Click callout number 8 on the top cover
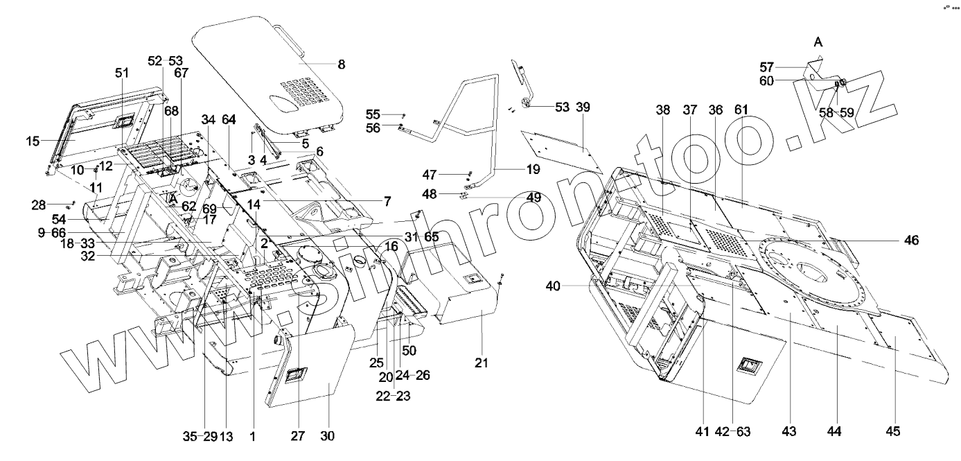(x=340, y=64)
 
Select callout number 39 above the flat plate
(x=583, y=107)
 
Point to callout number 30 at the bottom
(x=327, y=436)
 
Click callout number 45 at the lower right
(x=892, y=432)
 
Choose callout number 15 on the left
(x=33, y=141)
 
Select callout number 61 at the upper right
(x=742, y=110)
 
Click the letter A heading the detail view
(x=818, y=43)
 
